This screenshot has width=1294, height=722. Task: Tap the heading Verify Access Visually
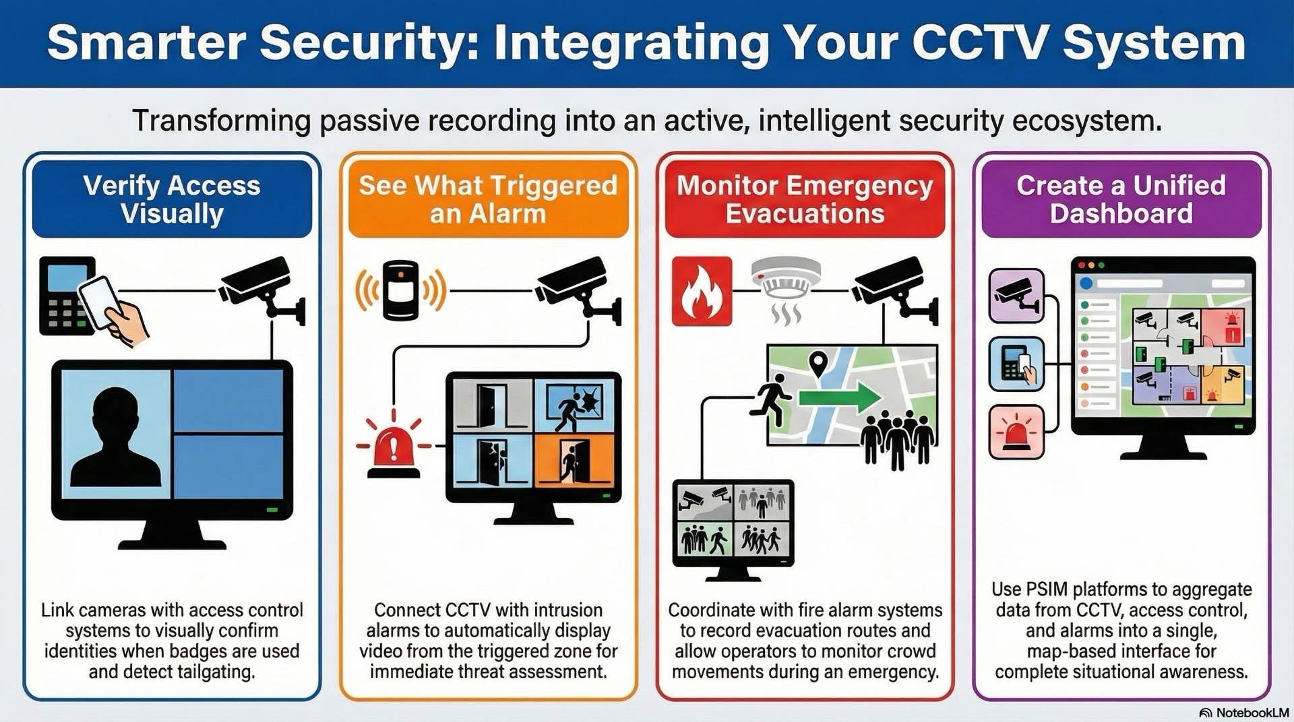172,199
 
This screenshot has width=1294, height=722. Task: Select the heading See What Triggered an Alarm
488,199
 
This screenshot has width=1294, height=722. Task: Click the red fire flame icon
702,292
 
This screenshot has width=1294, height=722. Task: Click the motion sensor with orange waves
400,290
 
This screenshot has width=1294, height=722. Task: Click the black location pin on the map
818,364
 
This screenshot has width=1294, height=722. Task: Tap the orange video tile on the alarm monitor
574,460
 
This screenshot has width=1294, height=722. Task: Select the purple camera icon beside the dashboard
1016,296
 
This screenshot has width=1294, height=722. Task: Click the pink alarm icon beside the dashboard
1016,432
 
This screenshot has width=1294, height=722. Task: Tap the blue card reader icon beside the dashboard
1016,364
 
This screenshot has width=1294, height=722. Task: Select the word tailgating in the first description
215,672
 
